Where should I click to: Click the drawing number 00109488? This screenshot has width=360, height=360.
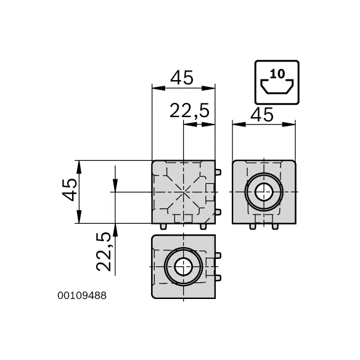(x=82, y=296)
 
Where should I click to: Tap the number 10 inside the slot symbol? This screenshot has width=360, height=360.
(x=277, y=74)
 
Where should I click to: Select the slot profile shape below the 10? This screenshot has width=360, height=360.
(x=277, y=89)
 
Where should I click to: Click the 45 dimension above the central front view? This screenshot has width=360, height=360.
(x=182, y=78)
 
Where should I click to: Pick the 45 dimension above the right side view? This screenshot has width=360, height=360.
(x=263, y=115)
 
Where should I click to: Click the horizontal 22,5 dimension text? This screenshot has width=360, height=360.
(x=190, y=111)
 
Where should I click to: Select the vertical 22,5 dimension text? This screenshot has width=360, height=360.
(x=104, y=251)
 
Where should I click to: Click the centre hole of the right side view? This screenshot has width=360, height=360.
(x=264, y=192)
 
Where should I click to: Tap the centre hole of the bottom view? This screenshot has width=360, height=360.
(x=183, y=266)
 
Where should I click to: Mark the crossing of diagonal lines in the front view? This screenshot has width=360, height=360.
(x=183, y=192)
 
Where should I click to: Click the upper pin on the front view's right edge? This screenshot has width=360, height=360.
(x=218, y=172)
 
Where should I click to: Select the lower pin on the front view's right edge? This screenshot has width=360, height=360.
(x=218, y=212)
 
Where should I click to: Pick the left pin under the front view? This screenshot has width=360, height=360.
(x=163, y=226)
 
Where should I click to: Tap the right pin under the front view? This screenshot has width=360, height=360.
(x=203, y=226)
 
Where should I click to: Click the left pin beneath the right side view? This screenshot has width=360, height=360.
(x=253, y=226)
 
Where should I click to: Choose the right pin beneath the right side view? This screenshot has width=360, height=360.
(x=275, y=226)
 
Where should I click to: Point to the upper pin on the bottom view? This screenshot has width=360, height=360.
(x=218, y=255)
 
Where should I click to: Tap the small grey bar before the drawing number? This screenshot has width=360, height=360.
(x=55, y=296)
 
